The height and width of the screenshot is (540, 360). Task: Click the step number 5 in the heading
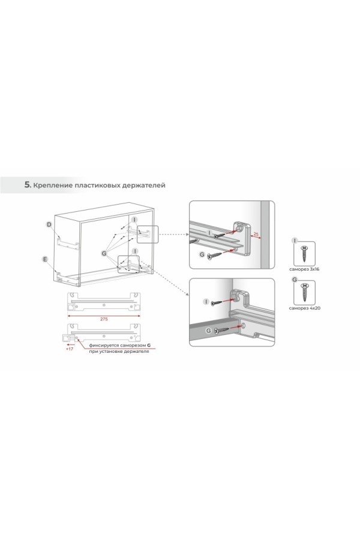(27, 185)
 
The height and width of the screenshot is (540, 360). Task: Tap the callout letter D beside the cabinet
(49, 225)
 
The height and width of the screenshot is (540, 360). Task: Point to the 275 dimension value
(104, 319)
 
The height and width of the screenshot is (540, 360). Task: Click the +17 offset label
(70, 349)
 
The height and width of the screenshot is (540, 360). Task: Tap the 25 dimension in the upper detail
(256, 234)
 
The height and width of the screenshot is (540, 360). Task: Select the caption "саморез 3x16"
(304, 269)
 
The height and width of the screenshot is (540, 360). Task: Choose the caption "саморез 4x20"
(305, 308)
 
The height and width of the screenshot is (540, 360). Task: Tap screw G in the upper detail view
(214, 255)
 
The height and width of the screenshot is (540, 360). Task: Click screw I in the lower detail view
(217, 303)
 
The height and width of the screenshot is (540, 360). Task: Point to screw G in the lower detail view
(221, 331)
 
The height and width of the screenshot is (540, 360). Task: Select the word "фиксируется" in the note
(100, 345)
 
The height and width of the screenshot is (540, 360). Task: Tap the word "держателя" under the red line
(137, 352)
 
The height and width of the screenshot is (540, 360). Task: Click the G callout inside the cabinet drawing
(104, 253)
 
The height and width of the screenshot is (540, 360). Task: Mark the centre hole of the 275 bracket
(104, 304)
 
